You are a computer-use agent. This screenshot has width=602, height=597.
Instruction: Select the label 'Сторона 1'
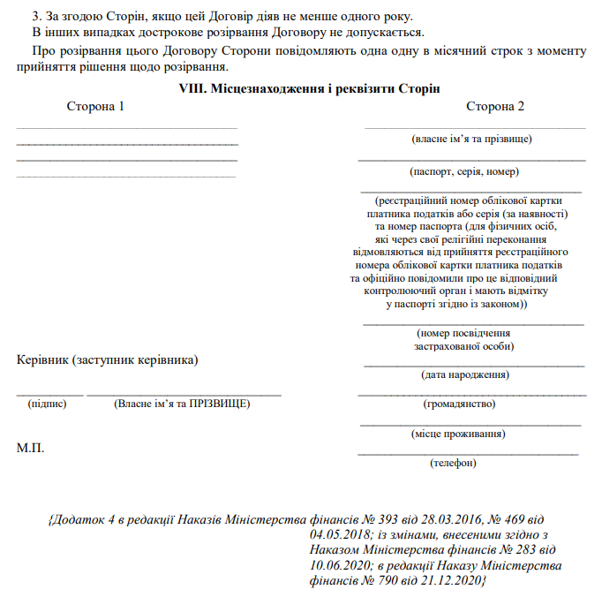click(x=95, y=107)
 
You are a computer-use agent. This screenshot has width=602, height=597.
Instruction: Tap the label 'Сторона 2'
click(x=495, y=107)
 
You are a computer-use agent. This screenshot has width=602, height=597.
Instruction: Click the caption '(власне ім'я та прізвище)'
click(x=472, y=139)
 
